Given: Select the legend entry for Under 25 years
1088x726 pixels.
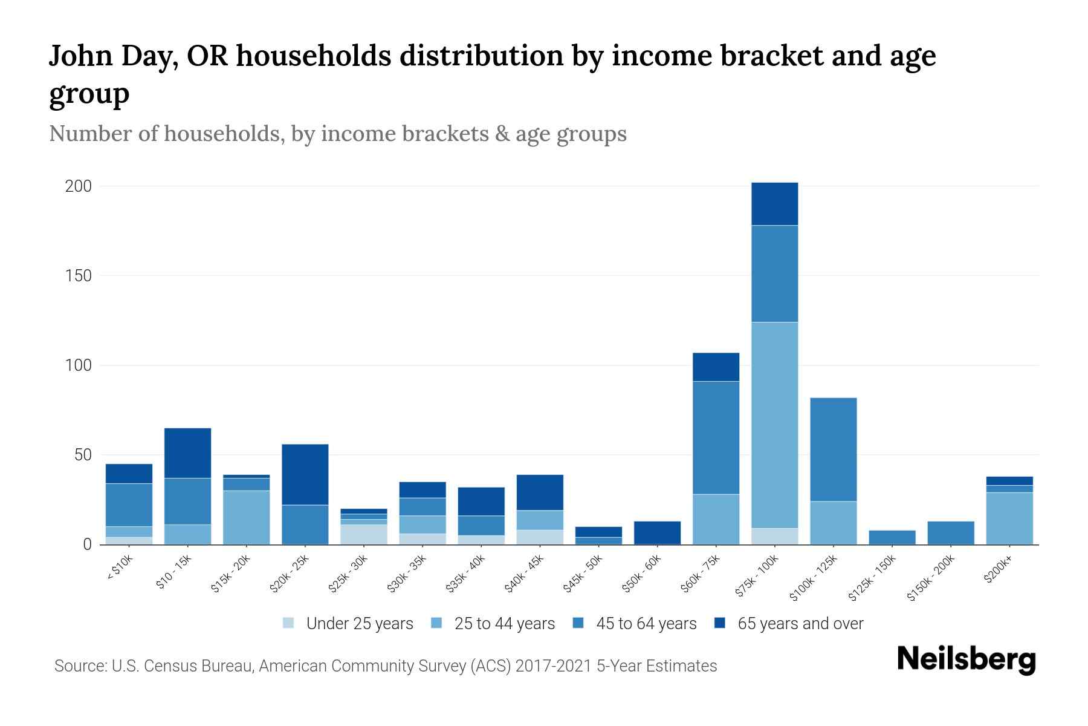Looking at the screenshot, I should [359, 624].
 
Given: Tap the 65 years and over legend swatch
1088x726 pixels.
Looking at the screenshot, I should [719, 623].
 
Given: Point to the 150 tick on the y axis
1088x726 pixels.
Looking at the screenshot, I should [79, 276].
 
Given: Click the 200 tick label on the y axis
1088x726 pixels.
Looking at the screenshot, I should [79, 186].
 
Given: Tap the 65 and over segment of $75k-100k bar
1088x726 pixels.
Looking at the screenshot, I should [774, 204].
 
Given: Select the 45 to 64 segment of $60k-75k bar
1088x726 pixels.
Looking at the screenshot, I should [716, 437].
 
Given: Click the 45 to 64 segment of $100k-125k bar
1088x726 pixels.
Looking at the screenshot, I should [833, 449].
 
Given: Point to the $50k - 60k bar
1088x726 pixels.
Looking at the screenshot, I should [657, 532].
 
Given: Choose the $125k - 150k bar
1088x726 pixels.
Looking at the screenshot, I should [892, 537].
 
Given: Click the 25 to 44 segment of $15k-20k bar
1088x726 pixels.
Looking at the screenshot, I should [246, 517].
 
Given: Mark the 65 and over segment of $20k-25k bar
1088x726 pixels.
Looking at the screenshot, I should [305, 474].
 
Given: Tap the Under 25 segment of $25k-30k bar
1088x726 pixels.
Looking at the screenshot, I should [363, 534].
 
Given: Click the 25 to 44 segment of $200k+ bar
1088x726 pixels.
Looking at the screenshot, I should [1009, 518].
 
